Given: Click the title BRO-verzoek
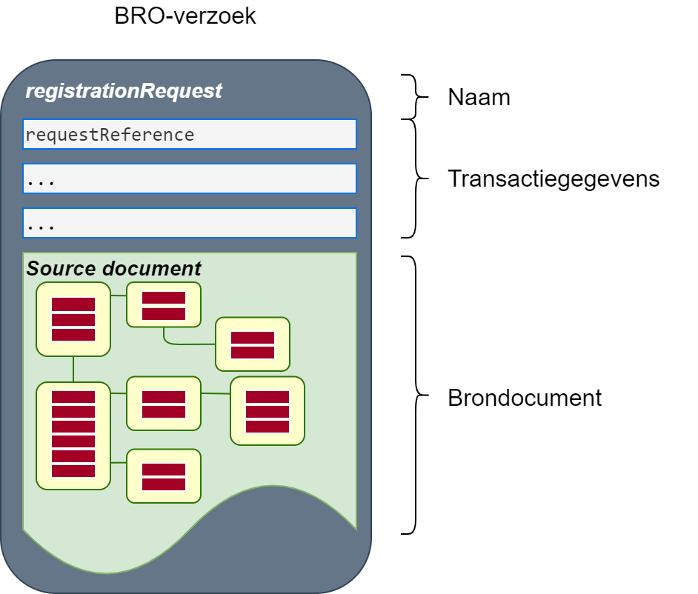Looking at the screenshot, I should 185,16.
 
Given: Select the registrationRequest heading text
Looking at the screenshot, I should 124,91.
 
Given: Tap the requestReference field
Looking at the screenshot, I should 190,135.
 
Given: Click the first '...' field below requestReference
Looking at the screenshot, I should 190,179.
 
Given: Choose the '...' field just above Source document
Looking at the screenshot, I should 190,223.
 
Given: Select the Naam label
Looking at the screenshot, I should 479,97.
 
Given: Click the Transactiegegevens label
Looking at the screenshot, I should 553,178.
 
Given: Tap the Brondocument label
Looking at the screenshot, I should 525,398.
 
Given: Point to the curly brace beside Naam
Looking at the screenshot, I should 414,96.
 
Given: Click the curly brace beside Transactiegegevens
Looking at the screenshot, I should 415,178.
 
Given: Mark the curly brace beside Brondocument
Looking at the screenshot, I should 415,395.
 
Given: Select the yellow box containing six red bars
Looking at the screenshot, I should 73,435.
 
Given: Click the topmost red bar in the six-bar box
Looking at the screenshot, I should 73,397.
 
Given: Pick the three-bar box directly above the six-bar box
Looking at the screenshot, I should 73,318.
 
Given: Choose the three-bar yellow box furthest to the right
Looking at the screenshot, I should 267,411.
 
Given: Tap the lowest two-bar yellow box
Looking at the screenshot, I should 164,476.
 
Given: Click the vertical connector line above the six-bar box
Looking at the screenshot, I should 73,369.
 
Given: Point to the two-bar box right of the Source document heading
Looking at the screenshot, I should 164,304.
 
